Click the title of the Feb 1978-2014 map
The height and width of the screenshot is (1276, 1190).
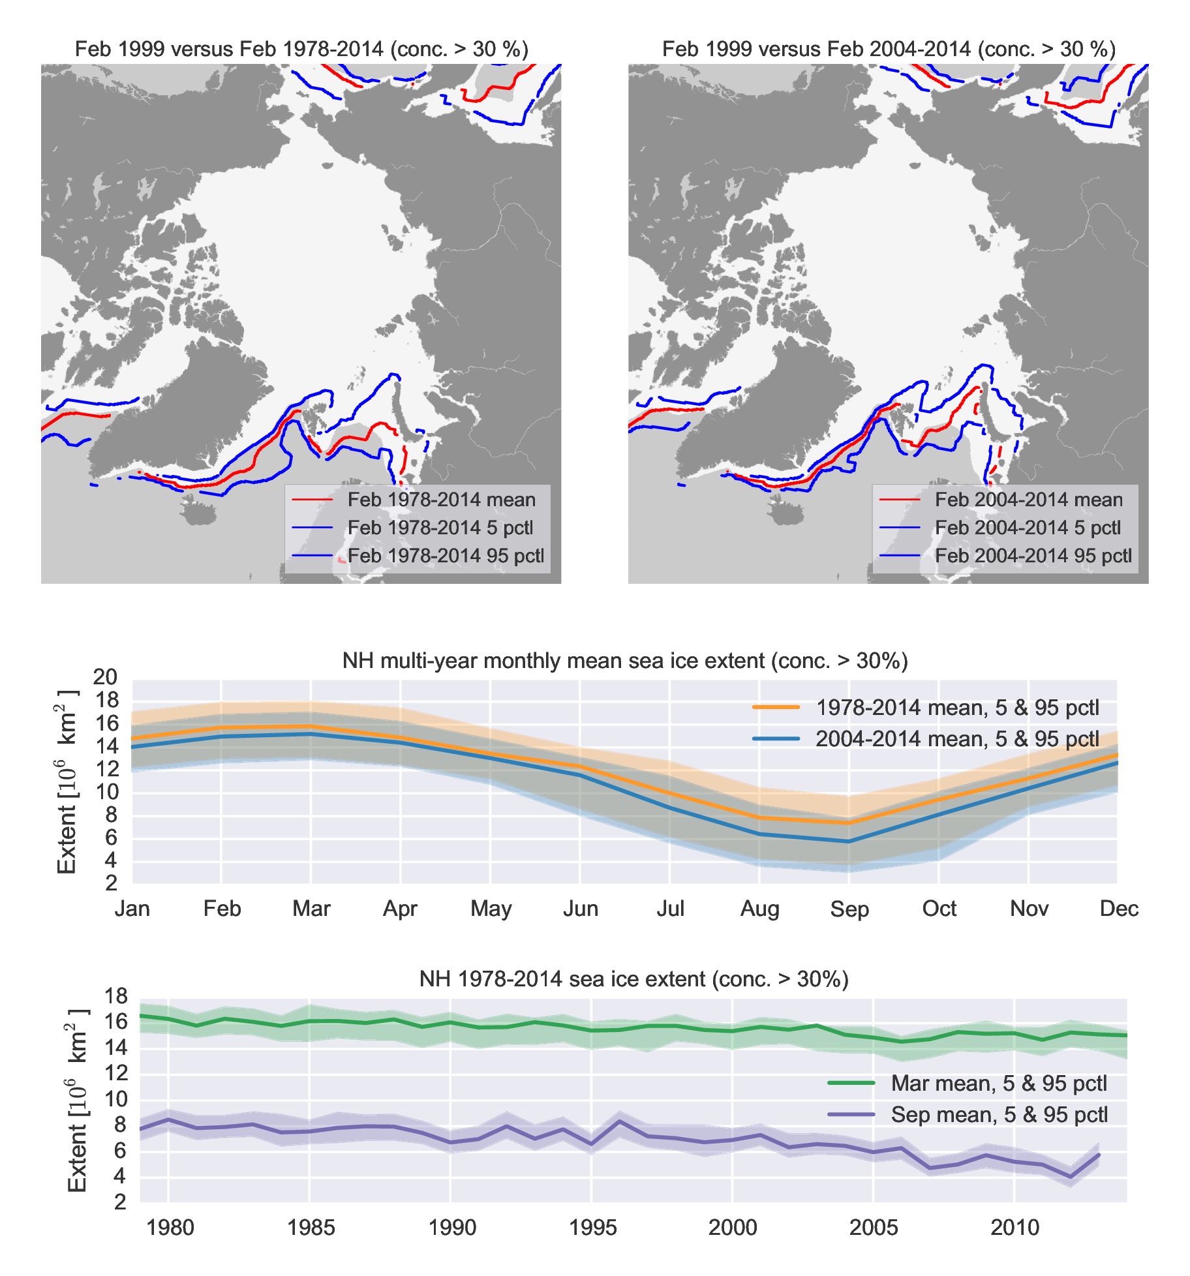pos(301,50)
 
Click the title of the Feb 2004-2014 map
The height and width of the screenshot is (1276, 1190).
pos(889,50)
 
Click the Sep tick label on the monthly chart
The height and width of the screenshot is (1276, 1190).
pos(849,909)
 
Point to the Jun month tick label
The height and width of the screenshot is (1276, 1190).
pos(580,909)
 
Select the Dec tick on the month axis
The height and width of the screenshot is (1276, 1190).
pos(1118,909)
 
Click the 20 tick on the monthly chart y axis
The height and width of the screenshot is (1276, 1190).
pos(105,677)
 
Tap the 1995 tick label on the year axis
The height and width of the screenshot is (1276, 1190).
pos(592,1228)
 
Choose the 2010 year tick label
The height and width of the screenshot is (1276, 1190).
pos(1015,1228)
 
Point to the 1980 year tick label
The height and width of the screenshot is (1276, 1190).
pos(170,1228)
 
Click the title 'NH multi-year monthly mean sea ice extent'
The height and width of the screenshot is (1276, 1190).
pos(625,661)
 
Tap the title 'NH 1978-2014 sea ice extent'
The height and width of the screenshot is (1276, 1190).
pos(633,979)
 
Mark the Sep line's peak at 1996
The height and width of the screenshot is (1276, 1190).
pos(619,1121)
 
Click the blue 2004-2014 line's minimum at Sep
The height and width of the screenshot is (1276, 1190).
pos(849,842)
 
